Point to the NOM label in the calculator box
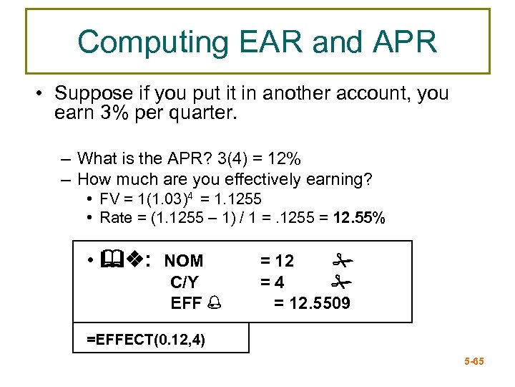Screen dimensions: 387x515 [x=184, y=261]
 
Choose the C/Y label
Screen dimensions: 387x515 [x=185, y=282]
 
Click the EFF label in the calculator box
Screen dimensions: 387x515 [x=187, y=303]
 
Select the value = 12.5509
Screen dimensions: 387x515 [x=313, y=303]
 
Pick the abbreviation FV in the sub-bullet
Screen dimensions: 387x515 [x=109, y=199]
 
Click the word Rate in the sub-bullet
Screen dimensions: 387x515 [x=114, y=218]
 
